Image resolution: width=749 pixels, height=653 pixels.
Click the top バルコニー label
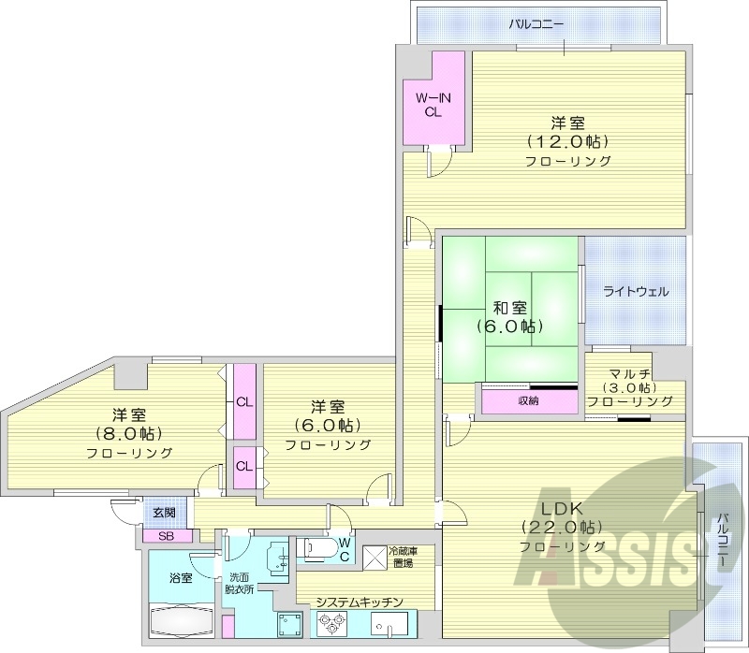pos(536,22)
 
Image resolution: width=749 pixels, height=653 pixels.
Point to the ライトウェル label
pos(636,291)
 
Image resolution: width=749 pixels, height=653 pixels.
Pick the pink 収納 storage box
pos(529,401)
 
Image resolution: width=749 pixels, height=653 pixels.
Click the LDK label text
pos(562,508)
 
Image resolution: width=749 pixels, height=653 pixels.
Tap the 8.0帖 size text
pos(128,433)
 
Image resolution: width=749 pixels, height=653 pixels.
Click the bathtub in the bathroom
pos(181,621)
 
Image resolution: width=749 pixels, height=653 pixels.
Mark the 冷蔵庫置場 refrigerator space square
pos(375,558)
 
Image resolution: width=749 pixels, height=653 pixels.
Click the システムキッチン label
pos(359,602)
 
